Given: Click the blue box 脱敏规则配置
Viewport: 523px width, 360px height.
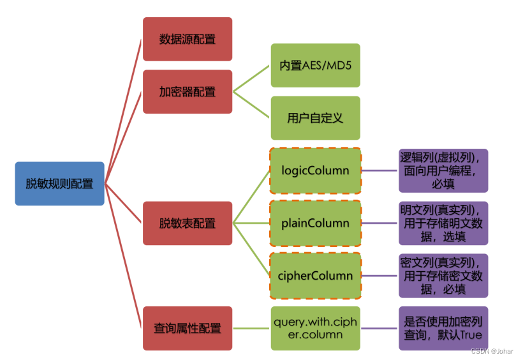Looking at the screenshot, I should (x=59, y=184).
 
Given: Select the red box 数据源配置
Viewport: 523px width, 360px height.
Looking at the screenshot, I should (x=188, y=39).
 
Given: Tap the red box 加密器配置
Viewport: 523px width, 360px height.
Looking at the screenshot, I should (x=188, y=91).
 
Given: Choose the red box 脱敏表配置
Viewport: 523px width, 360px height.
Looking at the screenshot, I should (x=188, y=223).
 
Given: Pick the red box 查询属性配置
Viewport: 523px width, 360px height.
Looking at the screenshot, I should (x=188, y=328).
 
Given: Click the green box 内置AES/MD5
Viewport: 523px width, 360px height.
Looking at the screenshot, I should (x=315, y=65).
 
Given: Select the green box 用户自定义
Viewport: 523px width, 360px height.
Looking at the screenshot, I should (x=315, y=118).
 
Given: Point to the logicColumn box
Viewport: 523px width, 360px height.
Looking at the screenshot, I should (x=315, y=170).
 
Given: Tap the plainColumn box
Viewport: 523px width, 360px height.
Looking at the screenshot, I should (x=315, y=223).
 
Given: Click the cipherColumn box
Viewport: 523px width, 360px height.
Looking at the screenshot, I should (x=315, y=276).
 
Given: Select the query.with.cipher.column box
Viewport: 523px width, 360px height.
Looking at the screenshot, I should (x=315, y=328).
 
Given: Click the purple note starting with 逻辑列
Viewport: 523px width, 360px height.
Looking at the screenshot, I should (x=443, y=170).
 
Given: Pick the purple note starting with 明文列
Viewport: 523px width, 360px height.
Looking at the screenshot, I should (x=443, y=223).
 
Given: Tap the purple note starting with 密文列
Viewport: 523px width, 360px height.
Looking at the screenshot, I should (x=443, y=276).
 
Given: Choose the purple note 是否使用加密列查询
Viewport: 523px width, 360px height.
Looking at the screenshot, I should (x=443, y=328).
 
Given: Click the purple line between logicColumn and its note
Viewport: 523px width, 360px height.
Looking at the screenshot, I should (x=379, y=170).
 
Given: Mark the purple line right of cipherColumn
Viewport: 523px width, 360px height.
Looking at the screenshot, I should (x=379, y=276).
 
